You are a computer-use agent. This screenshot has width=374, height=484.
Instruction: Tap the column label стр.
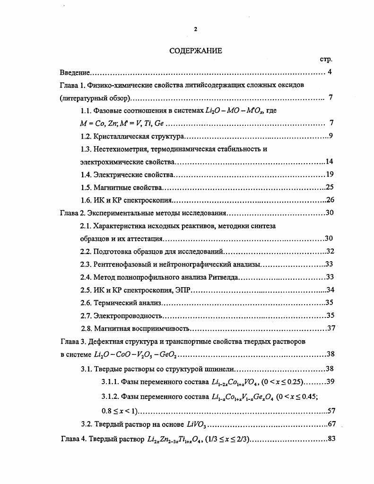click(326, 60)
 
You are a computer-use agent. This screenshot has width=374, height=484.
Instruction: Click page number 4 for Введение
click(330, 72)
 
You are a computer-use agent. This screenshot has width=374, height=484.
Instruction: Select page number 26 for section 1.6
click(330, 200)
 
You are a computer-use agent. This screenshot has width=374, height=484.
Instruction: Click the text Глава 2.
click(72, 212)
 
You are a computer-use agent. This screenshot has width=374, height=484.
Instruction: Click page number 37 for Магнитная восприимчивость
click(331, 328)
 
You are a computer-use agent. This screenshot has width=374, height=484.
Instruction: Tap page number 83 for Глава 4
click(331, 439)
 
